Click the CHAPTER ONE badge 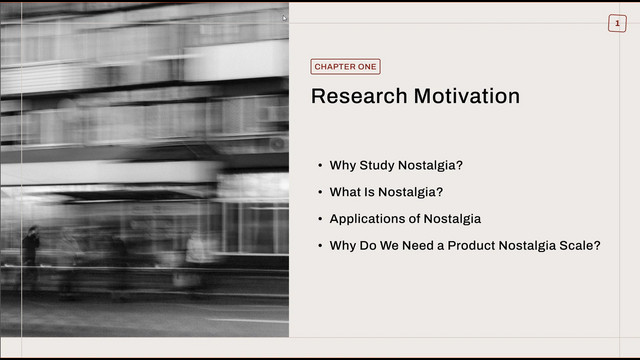345,67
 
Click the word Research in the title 359,96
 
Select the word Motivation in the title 467,96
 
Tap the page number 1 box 617,23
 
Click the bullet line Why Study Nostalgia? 396,165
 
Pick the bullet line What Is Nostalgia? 386,192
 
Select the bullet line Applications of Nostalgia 405,219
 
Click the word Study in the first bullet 377,165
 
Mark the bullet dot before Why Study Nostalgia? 320,165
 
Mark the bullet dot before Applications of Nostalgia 320,219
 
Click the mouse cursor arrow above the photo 284,18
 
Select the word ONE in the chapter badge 368,67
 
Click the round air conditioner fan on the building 278,144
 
